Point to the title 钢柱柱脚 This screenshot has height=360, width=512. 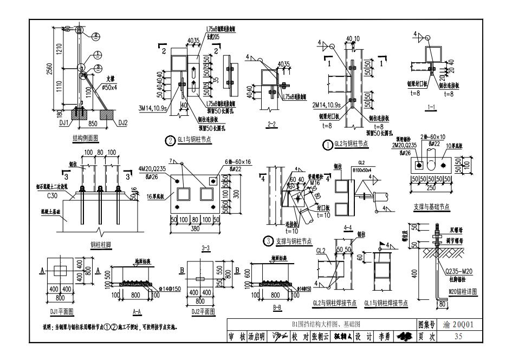coord(101,245)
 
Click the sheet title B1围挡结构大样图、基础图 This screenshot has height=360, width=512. coord(322,325)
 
